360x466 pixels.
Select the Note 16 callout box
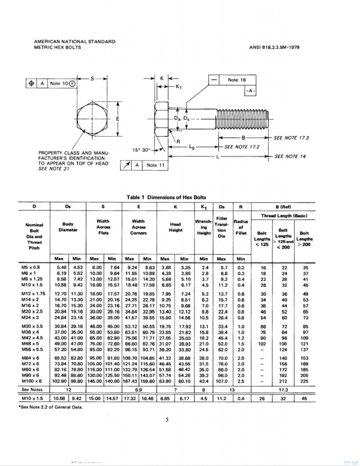point(238,79)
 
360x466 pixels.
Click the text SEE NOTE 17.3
point(293,137)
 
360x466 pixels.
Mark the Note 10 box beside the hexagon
point(62,83)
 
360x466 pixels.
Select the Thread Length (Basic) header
point(284,214)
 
